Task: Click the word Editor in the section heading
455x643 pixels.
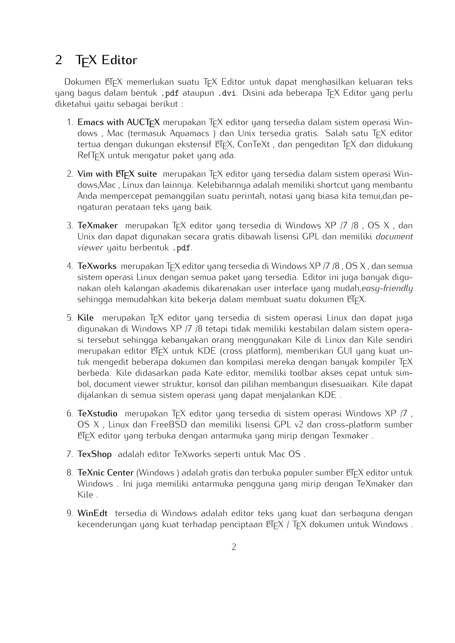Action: [119, 60]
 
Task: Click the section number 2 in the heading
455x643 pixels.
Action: [59, 60]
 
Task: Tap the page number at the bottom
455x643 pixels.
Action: [234, 547]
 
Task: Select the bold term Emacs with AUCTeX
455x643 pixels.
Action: [118, 122]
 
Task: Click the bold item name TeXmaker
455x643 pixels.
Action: [98, 225]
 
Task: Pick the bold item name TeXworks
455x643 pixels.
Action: [97, 266]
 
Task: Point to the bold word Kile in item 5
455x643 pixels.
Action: [86, 318]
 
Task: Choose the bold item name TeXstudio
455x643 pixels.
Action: [98, 413]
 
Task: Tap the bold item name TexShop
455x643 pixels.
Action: [94, 454]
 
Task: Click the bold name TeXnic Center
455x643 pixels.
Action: [105, 473]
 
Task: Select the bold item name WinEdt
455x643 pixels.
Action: [92, 513]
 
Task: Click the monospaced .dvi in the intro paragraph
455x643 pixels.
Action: [227, 93]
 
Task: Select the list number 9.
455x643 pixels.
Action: [70, 513]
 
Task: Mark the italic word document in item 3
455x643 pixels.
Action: [394, 237]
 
